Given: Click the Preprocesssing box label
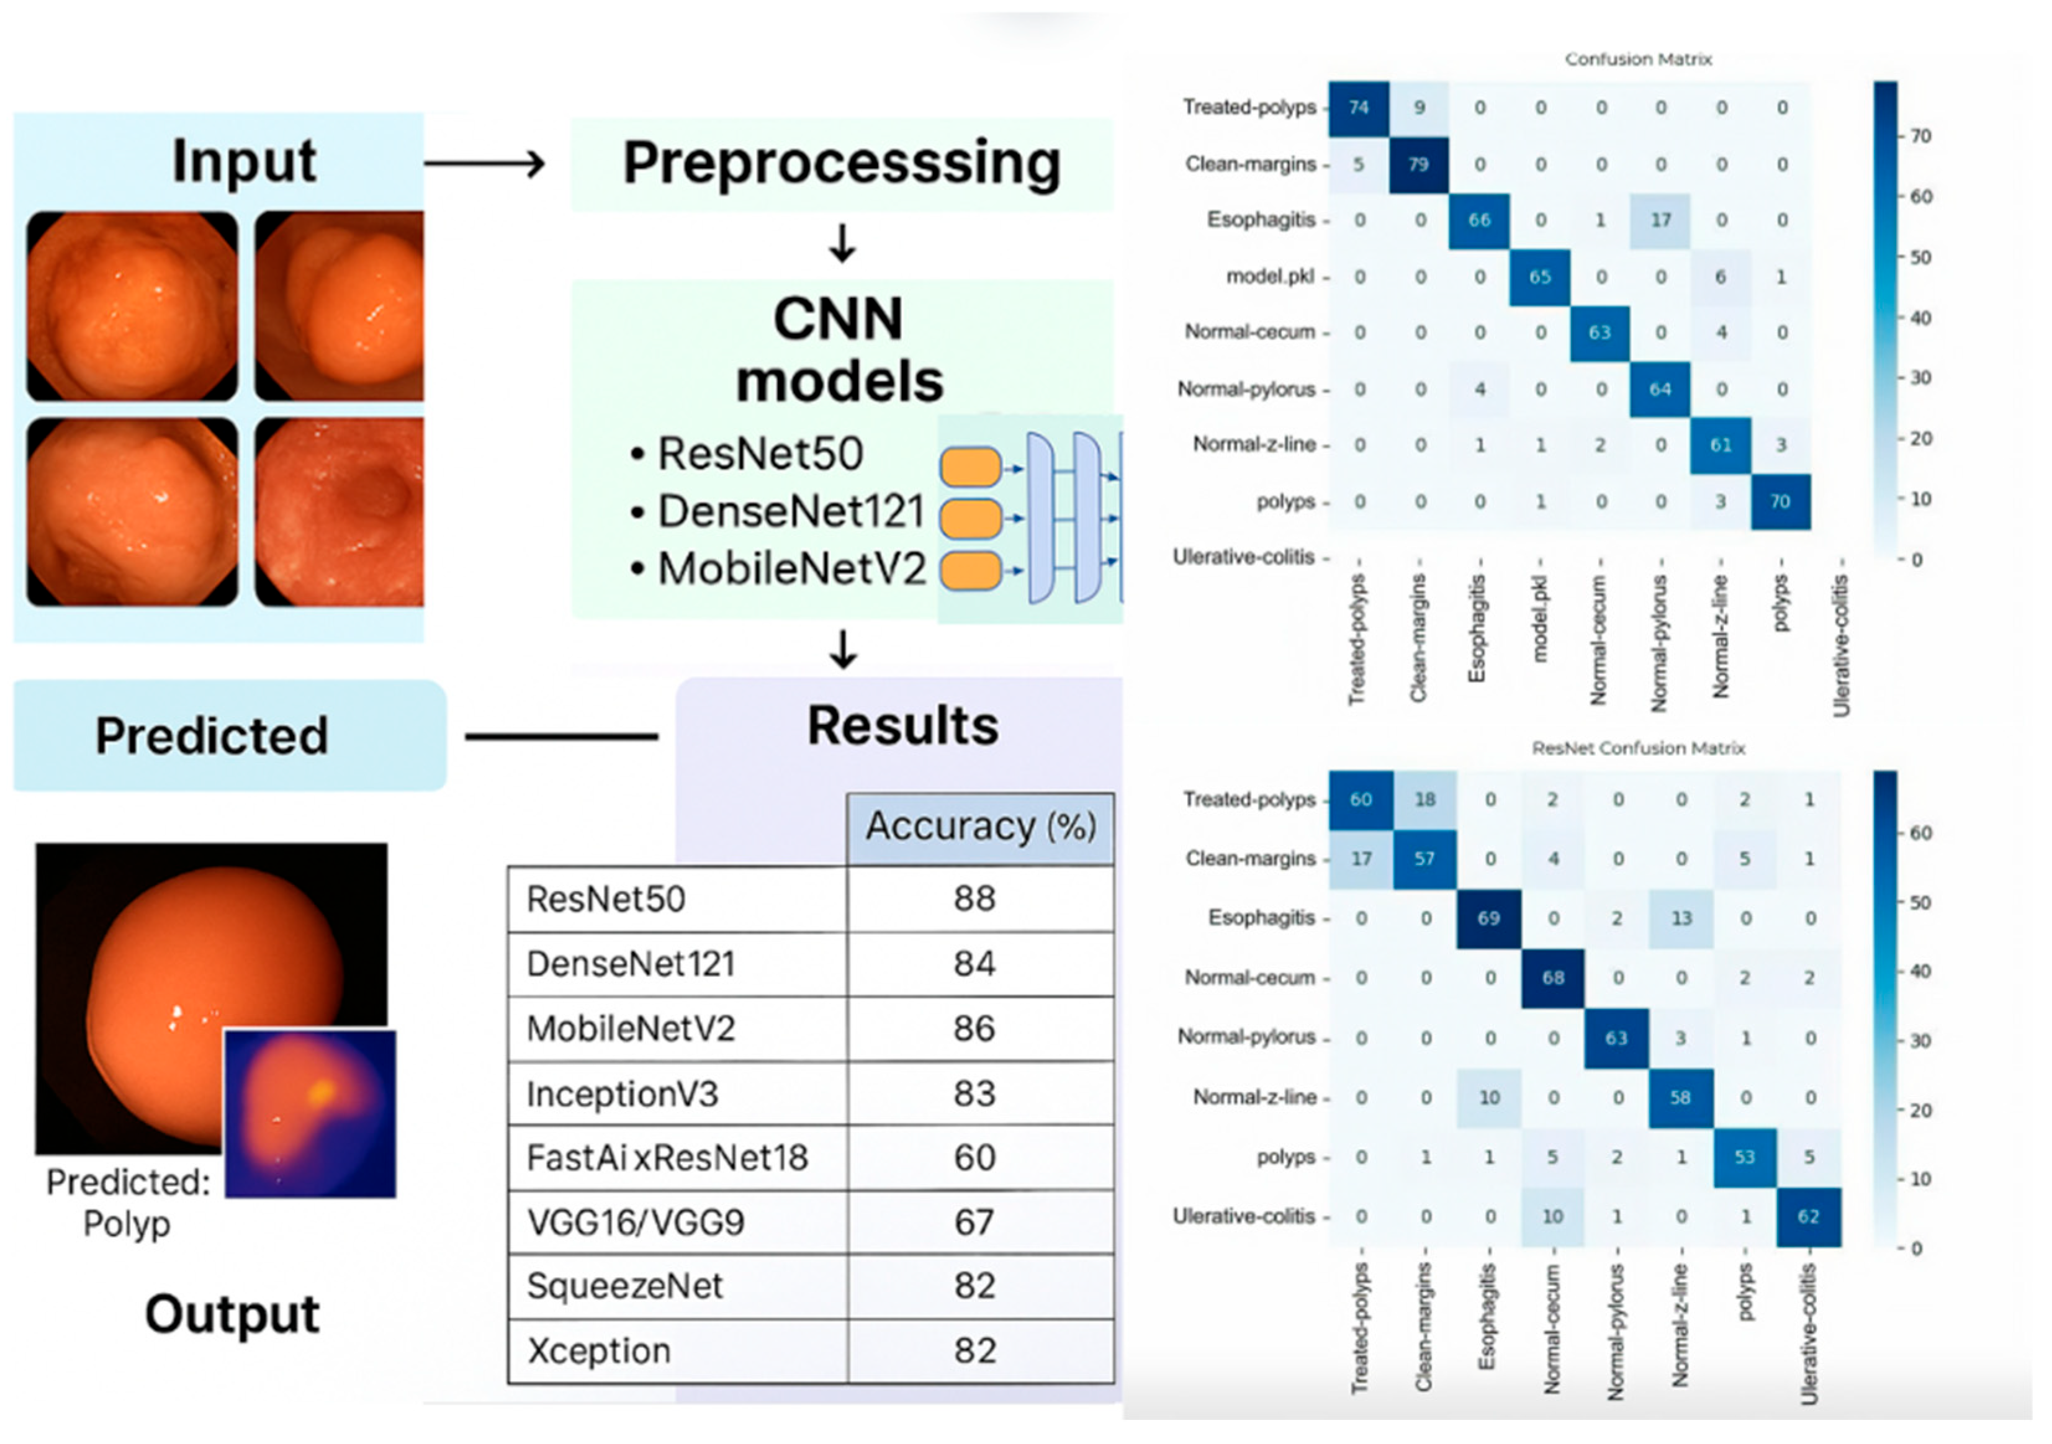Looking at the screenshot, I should pyautogui.click(x=841, y=164).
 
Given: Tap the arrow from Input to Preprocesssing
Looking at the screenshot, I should pyautogui.click(x=484, y=164).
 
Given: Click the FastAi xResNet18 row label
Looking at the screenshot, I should pyautogui.click(x=667, y=1158).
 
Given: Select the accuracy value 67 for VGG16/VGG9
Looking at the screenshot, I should pyautogui.click(x=973, y=1222).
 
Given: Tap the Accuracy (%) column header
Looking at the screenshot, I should pyautogui.click(x=981, y=827).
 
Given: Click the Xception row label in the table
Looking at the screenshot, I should pyautogui.click(x=599, y=1351).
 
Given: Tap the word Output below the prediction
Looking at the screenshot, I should pyautogui.click(x=232, y=1314).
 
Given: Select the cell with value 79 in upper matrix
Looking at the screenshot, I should pyautogui.click(x=1420, y=164).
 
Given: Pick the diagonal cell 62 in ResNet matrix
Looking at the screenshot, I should pyautogui.click(x=1808, y=1216).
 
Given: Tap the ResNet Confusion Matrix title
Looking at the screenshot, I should pyautogui.click(x=1637, y=748).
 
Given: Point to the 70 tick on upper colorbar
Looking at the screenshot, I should pyautogui.click(x=1920, y=137).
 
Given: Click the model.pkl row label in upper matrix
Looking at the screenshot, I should pyautogui.click(x=1270, y=276).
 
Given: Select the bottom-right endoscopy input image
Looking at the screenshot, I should pyautogui.click(x=340, y=512).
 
